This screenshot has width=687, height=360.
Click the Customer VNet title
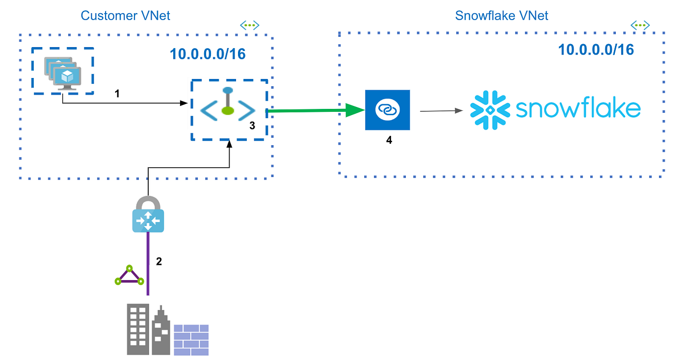pos(125,15)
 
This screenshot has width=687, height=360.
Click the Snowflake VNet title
pos(502,15)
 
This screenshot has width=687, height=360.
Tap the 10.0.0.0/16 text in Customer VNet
pos(208,53)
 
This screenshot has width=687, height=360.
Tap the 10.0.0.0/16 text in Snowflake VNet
pos(596,50)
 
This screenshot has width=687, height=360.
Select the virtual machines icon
pos(63,72)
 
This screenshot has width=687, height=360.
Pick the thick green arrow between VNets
pos(314,111)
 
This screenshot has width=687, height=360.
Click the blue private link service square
pos(387,110)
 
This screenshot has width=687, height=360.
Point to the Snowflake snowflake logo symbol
pos(488,110)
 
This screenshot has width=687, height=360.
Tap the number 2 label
pos(159,261)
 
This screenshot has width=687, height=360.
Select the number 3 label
pos(252,126)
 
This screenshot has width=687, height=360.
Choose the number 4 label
pos(389,140)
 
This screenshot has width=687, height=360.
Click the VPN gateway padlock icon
pos(148,214)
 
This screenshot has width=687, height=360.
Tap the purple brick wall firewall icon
pos(191,339)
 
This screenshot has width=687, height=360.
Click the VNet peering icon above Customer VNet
pos(249,25)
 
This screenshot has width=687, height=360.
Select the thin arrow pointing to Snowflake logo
pos(441,111)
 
